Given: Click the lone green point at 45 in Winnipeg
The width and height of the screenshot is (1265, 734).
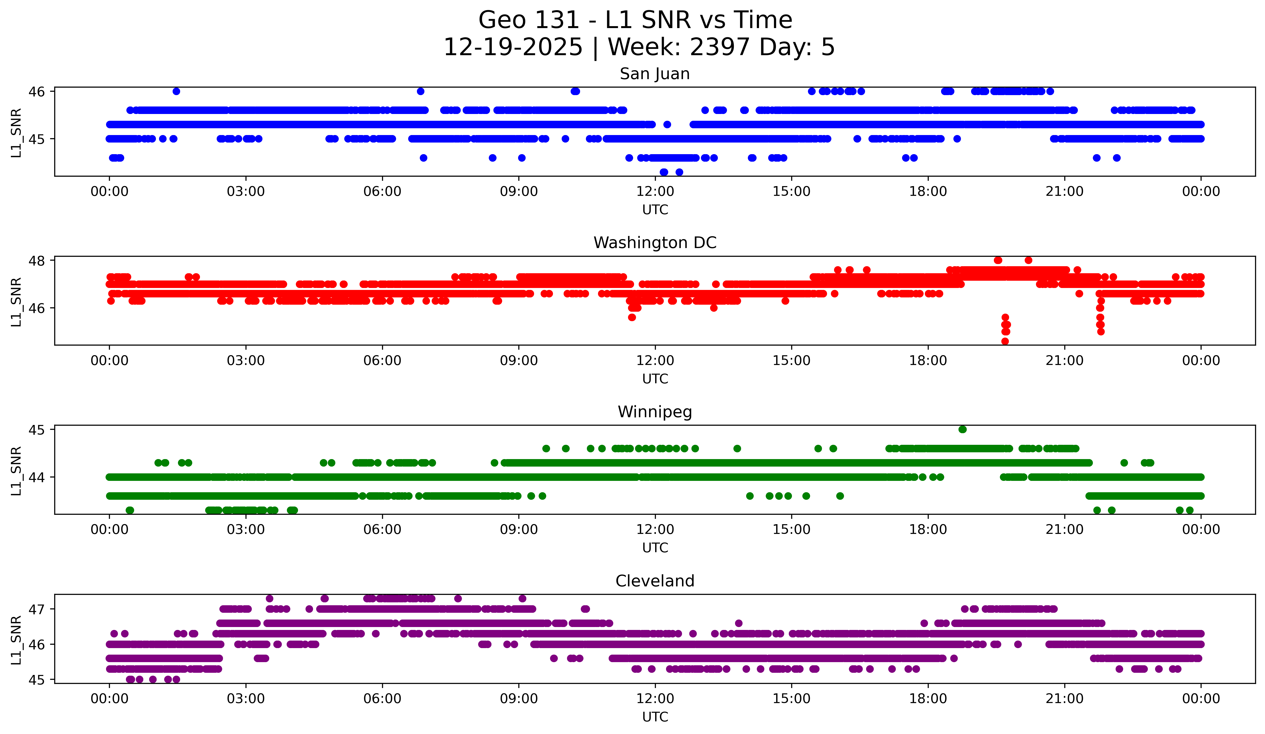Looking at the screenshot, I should tap(962, 430).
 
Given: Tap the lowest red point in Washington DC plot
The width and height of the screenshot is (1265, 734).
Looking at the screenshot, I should tap(1005, 341).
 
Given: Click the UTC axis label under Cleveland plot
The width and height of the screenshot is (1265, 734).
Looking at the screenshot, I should tap(655, 717).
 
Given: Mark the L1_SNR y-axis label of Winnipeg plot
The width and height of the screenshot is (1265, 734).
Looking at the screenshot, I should tap(16, 471).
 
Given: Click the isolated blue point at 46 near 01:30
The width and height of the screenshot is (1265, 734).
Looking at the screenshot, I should tap(176, 91).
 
